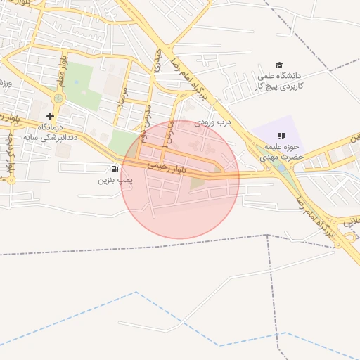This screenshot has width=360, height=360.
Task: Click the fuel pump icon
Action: pyautogui.click(x=115, y=169)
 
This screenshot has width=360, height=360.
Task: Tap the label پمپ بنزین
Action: pyautogui.click(x=115, y=180)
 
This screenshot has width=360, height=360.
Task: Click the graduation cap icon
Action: pyautogui.click(x=279, y=65)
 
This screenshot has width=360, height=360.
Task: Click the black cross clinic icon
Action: pyautogui.click(x=50, y=116)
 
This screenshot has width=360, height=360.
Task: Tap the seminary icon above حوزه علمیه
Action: pyautogui.click(x=281, y=136)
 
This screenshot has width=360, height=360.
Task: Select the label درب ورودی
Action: pyautogui.click(x=213, y=122)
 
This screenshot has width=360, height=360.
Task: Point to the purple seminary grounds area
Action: pyautogui.click(x=271, y=130)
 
